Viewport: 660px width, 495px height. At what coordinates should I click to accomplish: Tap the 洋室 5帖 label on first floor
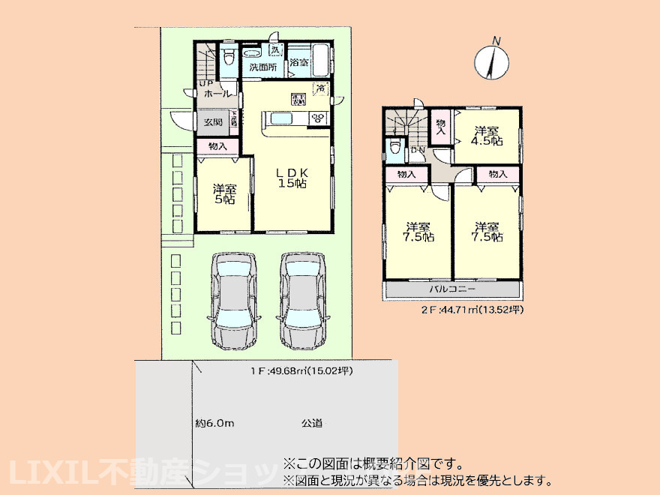223,194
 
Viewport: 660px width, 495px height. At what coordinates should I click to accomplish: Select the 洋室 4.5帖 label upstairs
487,135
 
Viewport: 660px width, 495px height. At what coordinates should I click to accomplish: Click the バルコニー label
452,289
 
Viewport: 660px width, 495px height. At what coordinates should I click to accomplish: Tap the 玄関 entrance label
212,122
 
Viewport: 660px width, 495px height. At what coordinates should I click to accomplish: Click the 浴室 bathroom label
299,62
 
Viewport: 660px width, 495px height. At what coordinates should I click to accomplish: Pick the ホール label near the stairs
217,94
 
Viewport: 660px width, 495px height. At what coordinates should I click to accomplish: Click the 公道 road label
312,424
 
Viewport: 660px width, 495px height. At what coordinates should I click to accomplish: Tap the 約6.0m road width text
215,424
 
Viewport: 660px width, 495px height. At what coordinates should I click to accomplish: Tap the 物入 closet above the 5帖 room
217,146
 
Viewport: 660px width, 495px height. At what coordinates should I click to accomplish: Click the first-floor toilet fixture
229,57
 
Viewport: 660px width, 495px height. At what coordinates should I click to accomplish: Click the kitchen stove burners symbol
317,118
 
